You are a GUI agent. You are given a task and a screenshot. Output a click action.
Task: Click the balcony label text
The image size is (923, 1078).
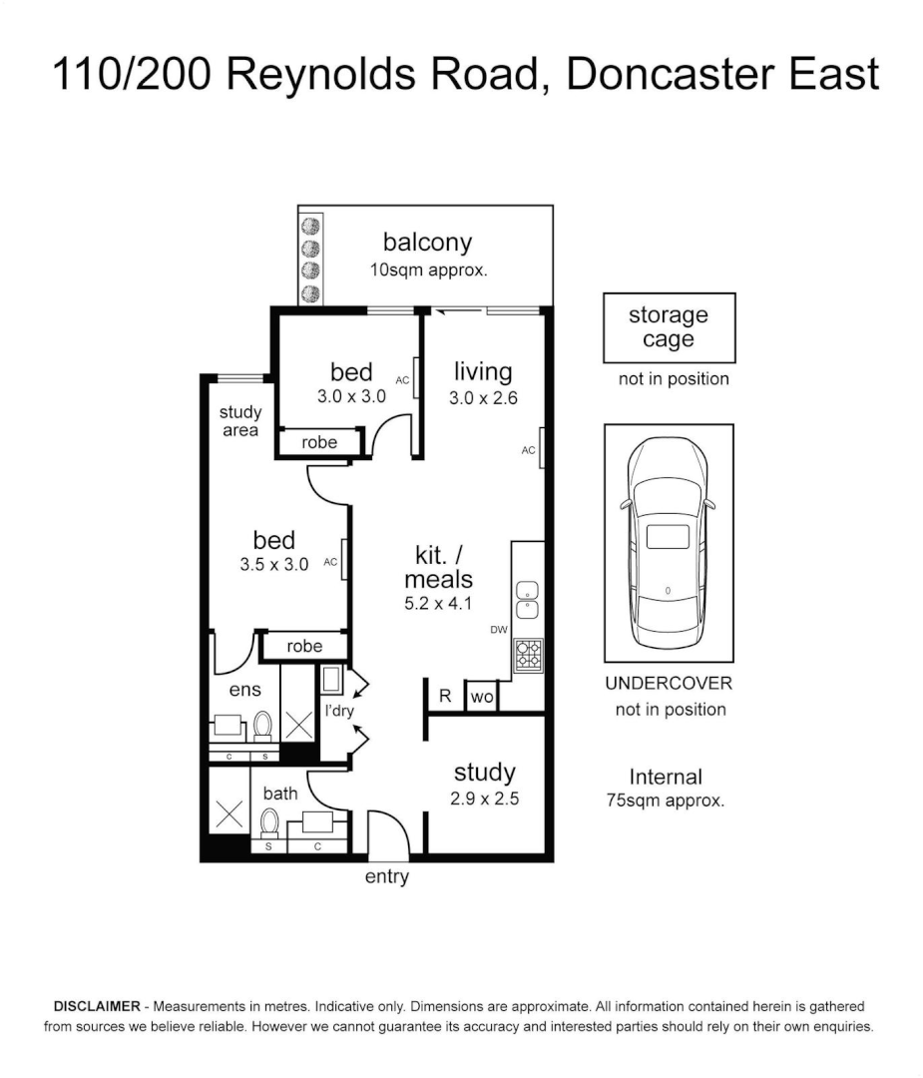pos(427,242)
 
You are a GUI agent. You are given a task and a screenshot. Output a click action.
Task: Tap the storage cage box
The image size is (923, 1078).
pos(669,327)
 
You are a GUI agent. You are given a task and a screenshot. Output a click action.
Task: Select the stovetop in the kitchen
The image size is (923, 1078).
pos(528,654)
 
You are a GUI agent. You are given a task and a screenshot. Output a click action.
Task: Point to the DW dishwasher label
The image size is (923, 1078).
pos(499,630)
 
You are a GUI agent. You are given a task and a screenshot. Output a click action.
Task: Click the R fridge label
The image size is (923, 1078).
pos(446,697)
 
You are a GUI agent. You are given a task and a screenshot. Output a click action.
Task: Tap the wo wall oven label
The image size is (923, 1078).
pos(482,698)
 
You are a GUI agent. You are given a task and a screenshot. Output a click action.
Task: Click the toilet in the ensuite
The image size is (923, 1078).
pos(262,726)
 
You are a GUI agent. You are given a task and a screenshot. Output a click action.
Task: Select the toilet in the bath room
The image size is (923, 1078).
pos(268,824)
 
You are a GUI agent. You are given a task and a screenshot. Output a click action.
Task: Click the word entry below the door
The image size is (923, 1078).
pos(387,877)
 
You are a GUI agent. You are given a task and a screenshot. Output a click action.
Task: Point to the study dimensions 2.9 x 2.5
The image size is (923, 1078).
pos(485,799)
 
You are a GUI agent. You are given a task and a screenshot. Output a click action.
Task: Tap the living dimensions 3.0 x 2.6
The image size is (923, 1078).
pos(483,398)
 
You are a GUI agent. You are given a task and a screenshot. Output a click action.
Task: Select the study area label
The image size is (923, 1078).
pos(240,421)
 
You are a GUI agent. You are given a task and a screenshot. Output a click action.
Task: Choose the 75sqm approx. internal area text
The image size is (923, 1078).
pos(666,801)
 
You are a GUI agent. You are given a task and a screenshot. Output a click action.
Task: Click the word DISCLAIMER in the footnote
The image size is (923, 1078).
pos(97,1006)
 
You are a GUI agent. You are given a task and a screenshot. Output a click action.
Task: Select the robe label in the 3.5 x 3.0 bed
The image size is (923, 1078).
pos(304,646)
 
